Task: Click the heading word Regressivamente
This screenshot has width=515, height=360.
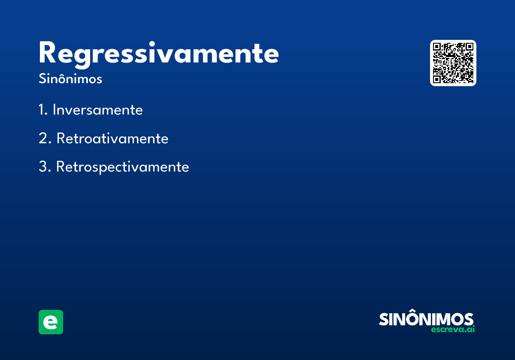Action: tap(159, 54)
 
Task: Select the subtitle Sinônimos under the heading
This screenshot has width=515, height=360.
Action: tap(70, 78)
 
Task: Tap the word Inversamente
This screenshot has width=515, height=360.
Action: tap(98, 110)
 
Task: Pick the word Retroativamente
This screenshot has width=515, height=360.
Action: tap(112, 138)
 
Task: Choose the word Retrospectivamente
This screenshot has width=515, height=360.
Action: tap(123, 167)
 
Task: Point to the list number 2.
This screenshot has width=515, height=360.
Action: tap(45, 138)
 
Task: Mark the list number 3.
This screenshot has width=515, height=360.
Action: tap(45, 166)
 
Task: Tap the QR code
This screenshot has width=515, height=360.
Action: tap(453, 63)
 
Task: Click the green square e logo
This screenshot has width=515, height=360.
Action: tap(51, 322)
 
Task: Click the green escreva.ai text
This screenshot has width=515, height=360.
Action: tap(453, 329)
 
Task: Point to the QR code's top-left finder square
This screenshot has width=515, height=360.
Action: tap(436, 47)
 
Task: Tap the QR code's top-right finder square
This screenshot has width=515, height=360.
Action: tap(470, 47)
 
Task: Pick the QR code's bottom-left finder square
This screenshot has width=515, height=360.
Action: tap(436, 79)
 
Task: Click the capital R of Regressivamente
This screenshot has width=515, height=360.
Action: tap(47, 52)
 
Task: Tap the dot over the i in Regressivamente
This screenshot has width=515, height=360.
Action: tap(151, 44)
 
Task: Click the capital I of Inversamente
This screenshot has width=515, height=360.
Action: tap(54, 110)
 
